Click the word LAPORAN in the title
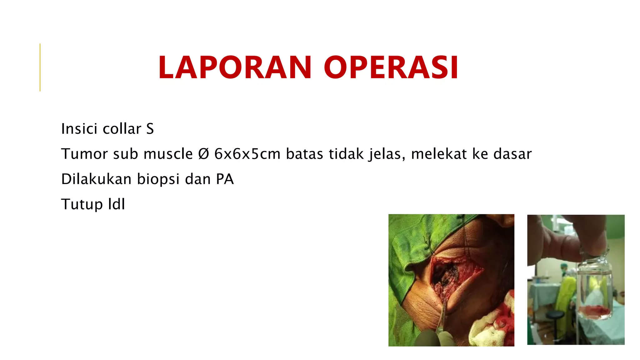[x=235, y=67]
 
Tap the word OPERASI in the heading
[x=391, y=67]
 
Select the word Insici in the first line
[x=79, y=128]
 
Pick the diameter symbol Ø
[x=203, y=154]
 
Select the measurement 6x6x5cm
[x=247, y=154]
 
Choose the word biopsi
[x=158, y=179]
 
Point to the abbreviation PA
[x=225, y=179]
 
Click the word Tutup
[x=82, y=204]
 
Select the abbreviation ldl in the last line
[x=117, y=204]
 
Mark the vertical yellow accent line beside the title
[x=40, y=67]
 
